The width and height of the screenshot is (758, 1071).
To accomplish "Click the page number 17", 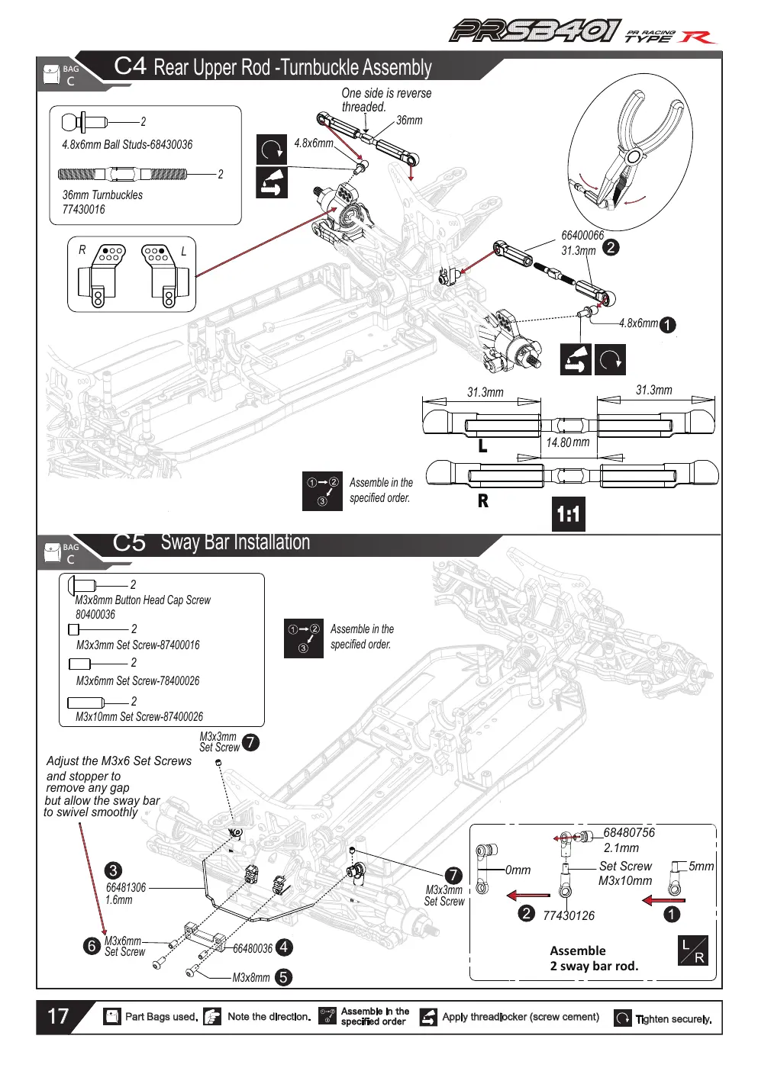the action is pos(58,1016).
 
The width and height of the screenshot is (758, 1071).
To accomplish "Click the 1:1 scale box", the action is pos(569,514).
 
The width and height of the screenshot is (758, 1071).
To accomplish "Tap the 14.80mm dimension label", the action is pos(567,442).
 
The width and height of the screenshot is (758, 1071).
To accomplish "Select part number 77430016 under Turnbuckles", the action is pos(84,210).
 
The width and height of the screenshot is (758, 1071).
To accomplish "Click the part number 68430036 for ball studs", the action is pos(171,144).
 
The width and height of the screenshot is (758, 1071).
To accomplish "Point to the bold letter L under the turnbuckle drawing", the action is pos(483,446).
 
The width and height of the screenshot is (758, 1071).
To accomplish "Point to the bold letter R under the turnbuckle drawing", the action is pos(483,500).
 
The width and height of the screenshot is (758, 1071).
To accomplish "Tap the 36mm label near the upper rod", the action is pos(409,120).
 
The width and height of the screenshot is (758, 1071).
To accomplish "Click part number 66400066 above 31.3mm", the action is pos(582,235).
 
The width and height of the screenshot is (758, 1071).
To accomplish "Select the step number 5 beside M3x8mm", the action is pos(283,977).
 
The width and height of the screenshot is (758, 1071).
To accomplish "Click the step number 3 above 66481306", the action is pos(113,870).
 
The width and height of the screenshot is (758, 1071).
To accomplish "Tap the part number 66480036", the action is pos(252,948).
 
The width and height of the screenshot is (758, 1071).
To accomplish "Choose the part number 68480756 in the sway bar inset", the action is pos(629,832).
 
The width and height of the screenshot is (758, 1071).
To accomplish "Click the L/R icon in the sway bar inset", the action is pos(692,950).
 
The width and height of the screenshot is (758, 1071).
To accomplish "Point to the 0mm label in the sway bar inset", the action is pos(518,870).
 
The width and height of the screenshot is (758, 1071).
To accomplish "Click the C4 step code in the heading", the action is pos(131,66).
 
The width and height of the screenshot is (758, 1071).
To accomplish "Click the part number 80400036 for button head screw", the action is pos(95,614).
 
